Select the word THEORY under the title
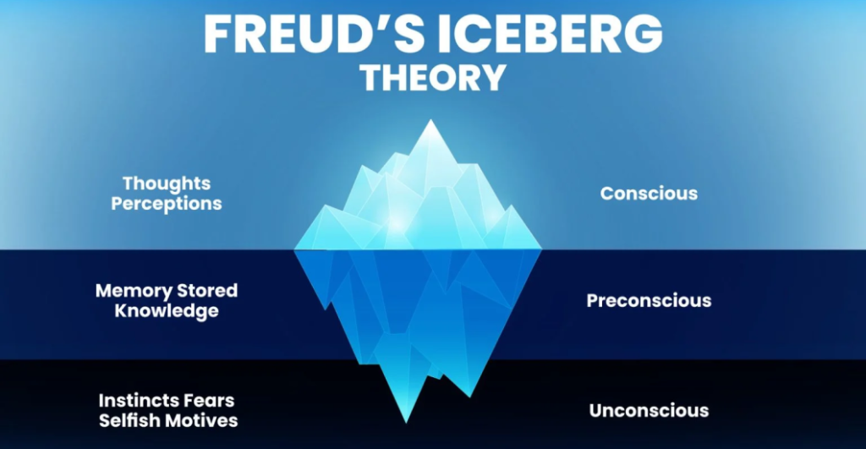[433, 77]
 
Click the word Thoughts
[167, 183]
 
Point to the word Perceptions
[167, 203]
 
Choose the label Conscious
[649, 194]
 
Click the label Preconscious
[649, 300]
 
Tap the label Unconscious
[649, 410]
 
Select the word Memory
[134, 291]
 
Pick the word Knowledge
[167, 310]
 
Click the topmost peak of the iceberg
[430, 120]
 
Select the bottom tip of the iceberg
[406, 423]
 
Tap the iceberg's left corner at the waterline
[294, 249]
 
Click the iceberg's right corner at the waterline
[541, 249]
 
